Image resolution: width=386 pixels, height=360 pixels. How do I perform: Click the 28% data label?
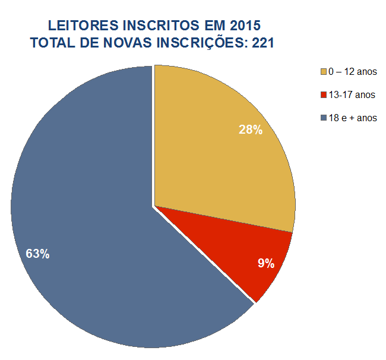point(251,130)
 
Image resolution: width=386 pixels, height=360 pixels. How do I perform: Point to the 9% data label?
point(266,264)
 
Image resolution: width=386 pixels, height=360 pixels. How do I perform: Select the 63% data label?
point(37,254)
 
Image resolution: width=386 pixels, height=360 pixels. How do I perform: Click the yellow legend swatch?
point(324,72)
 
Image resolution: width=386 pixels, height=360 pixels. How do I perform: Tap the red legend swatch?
point(324,95)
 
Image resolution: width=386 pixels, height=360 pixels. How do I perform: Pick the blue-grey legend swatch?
point(324,118)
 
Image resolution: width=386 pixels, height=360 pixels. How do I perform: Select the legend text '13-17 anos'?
point(351,95)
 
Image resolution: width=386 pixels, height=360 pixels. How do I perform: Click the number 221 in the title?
point(262,43)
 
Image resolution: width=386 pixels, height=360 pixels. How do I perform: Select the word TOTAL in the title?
point(55,43)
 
